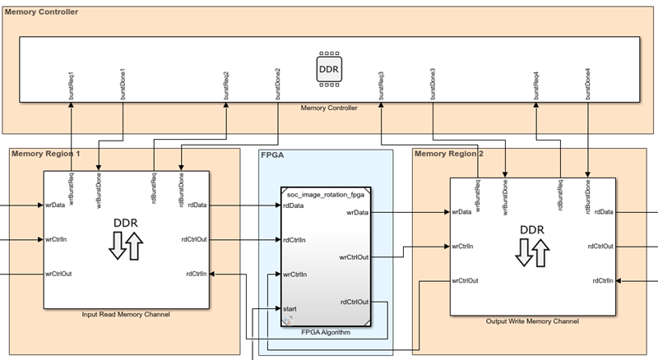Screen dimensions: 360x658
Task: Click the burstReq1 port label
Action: (72, 85)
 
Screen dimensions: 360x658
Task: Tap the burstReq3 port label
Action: (382, 85)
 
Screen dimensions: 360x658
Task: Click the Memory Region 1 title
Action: (46, 154)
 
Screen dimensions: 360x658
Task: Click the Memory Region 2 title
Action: (449, 154)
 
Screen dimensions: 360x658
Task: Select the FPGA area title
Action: (273, 154)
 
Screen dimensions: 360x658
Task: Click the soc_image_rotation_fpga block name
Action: (326, 195)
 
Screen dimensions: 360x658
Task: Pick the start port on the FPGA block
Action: (290, 308)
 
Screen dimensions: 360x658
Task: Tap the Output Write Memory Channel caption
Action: (531, 321)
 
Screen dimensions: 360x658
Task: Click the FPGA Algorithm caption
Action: (325, 332)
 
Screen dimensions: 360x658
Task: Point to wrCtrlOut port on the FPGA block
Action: (354, 256)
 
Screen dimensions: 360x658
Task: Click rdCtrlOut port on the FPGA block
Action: (354, 302)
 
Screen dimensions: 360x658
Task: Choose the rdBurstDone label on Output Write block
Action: (587, 196)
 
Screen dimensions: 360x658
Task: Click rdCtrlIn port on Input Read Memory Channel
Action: (196, 273)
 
